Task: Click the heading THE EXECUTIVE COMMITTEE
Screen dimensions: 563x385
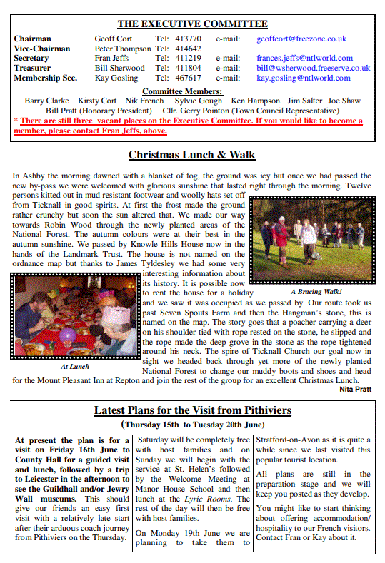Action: pos(192,24)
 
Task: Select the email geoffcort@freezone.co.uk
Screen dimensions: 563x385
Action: pos(301,39)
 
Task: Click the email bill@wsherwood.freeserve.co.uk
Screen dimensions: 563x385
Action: pos(313,68)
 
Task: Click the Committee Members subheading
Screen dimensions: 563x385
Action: pos(182,91)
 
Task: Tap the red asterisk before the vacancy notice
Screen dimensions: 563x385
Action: pos(16,122)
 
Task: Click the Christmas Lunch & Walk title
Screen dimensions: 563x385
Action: pos(191,155)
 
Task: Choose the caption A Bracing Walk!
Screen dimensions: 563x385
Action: pos(316,291)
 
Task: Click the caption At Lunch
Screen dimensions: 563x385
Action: pos(75,367)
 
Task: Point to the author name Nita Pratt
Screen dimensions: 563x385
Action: pos(355,389)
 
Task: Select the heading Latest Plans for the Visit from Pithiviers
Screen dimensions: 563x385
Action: pos(192,410)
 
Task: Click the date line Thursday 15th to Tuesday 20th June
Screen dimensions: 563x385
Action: pos(192,423)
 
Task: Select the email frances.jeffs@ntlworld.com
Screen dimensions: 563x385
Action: pos(304,58)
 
